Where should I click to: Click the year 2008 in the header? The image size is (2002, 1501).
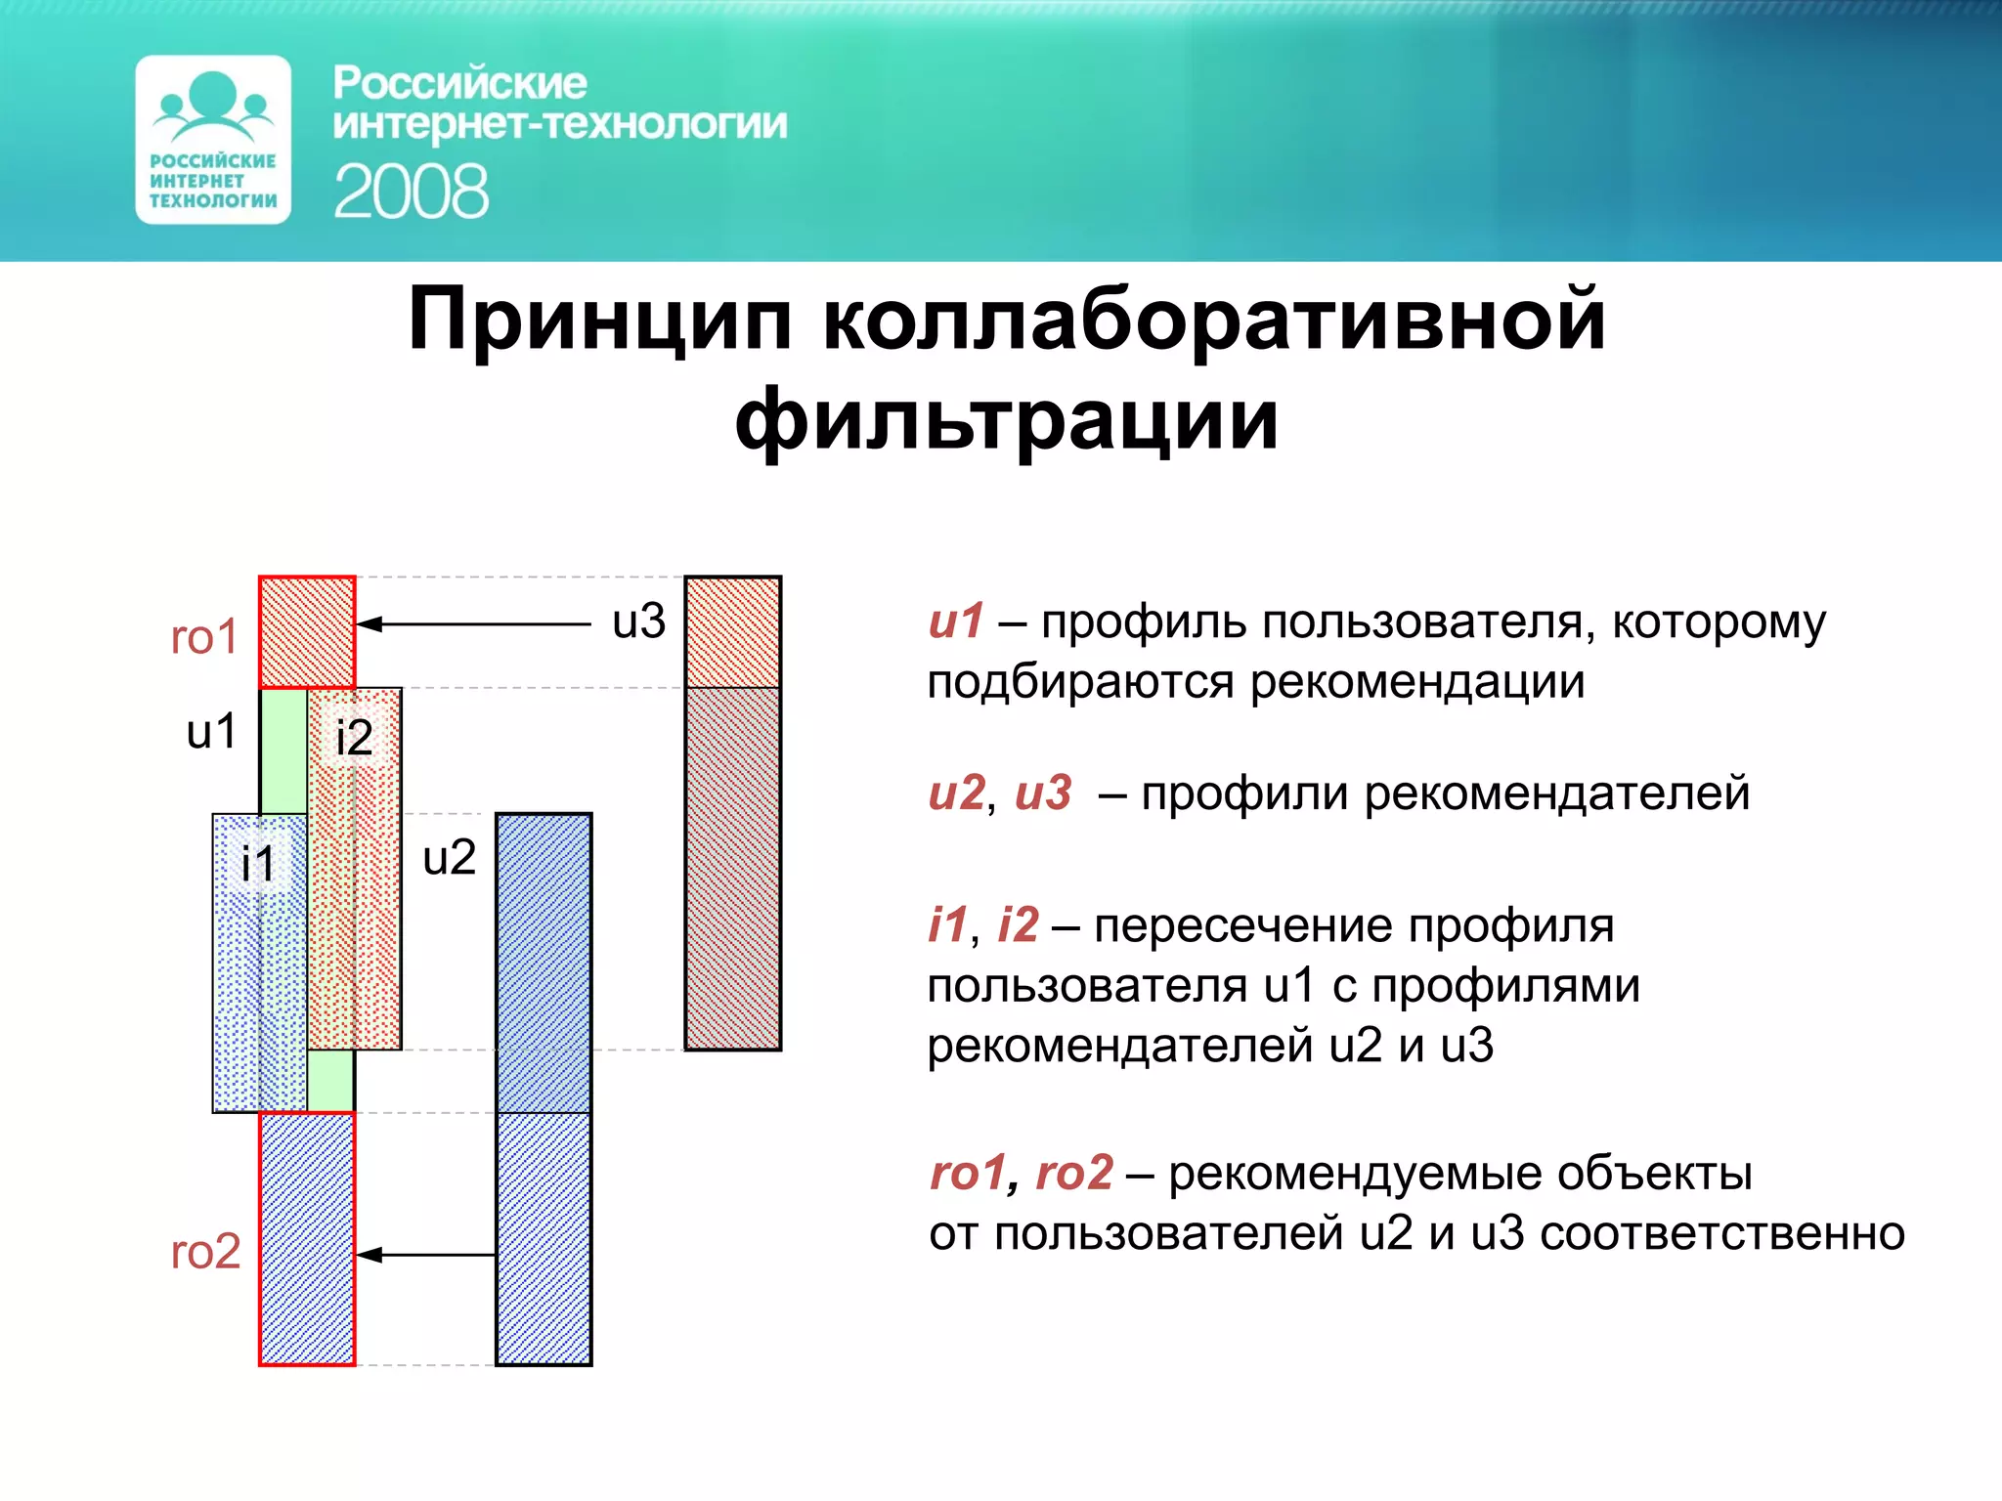tap(411, 192)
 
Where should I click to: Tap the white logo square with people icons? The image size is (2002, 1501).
tap(213, 140)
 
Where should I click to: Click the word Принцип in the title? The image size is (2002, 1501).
tap(598, 320)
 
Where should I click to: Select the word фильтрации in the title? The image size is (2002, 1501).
tap(1006, 420)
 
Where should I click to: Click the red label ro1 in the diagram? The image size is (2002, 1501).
tap(204, 637)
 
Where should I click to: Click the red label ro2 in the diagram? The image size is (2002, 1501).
tap(205, 1252)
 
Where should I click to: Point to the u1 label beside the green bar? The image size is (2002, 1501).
tap(211, 731)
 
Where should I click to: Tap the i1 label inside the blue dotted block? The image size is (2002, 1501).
tap(258, 864)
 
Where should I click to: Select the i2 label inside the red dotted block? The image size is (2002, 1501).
tap(353, 737)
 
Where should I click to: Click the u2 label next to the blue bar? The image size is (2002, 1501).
tap(449, 858)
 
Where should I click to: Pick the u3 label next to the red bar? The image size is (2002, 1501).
tap(638, 622)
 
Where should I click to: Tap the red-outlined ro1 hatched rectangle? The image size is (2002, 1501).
tap(307, 632)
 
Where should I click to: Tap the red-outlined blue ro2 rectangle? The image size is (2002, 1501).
tap(307, 1238)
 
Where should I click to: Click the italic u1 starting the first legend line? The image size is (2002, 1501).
tap(955, 622)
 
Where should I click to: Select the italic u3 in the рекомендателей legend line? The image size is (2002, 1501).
tap(1043, 793)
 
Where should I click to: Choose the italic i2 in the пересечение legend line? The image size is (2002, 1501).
tap(1018, 924)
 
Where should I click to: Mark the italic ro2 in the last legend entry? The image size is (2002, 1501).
tap(1073, 1172)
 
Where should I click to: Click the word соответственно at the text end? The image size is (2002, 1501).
tap(1721, 1233)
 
